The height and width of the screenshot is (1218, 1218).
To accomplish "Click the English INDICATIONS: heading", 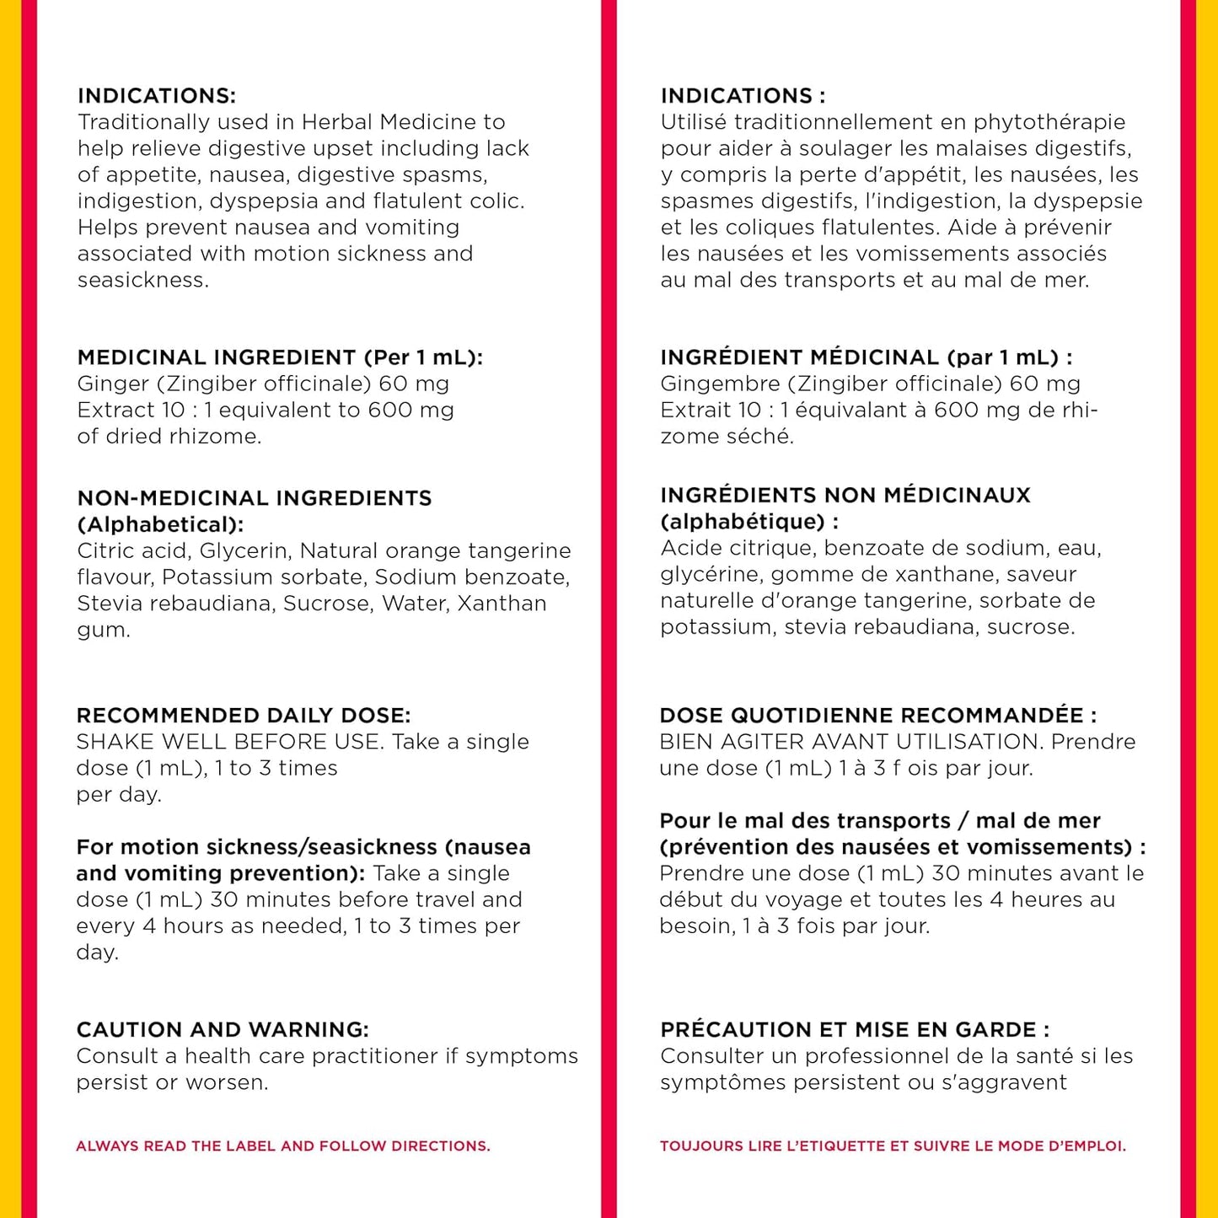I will (x=157, y=95).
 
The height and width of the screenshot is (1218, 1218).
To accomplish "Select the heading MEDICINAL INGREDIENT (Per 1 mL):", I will (x=280, y=357).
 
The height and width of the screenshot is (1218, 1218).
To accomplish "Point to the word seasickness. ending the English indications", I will (x=143, y=280).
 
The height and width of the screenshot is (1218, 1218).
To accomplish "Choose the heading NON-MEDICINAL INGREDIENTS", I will (x=254, y=498).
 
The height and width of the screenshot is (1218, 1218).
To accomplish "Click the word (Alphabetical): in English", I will (x=160, y=524).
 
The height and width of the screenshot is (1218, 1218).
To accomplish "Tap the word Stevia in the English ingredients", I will (x=108, y=604).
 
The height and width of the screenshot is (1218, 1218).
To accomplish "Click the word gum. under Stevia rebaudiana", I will (x=104, y=630).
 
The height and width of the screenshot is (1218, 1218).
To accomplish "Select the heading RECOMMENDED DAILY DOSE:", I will (x=244, y=716).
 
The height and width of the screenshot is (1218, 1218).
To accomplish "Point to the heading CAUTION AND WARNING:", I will (x=223, y=1030).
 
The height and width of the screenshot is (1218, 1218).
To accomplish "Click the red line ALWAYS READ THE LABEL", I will (x=282, y=1146).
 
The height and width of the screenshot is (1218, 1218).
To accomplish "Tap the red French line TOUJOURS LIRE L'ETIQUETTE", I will (x=893, y=1146).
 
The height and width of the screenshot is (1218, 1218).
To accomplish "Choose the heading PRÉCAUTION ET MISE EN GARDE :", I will (x=855, y=1030).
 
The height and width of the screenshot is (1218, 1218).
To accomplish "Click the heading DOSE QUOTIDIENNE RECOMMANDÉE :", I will (x=878, y=716).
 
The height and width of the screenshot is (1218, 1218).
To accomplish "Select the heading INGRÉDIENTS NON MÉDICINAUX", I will (x=845, y=495).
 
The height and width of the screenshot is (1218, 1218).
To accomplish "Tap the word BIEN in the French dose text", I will (x=684, y=742).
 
